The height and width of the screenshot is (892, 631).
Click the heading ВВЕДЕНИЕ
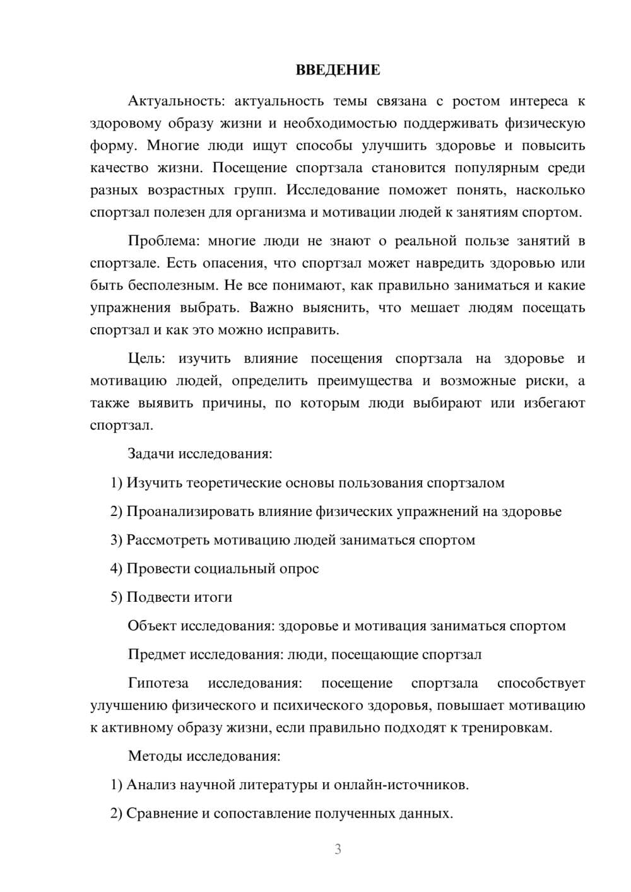[x=338, y=70]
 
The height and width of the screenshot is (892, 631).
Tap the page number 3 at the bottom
[x=338, y=849]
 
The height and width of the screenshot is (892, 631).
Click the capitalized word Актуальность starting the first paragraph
[x=167, y=101]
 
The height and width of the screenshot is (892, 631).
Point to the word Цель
[x=146, y=359]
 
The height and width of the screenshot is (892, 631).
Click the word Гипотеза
[x=158, y=683]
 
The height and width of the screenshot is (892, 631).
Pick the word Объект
[x=152, y=626]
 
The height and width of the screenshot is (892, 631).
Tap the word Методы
[x=151, y=756]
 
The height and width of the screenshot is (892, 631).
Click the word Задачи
[x=151, y=454]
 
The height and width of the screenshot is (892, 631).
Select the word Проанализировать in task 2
[x=191, y=512]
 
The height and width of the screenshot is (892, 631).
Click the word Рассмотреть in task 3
[x=168, y=540]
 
